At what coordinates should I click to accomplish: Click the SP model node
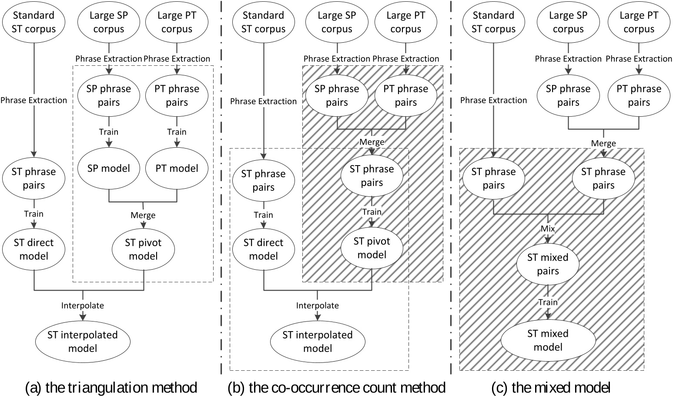(x=108, y=169)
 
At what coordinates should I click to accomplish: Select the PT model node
(x=177, y=169)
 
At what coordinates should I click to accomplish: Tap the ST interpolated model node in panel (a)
(x=83, y=342)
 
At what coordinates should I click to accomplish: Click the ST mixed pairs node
(x=548, y=264)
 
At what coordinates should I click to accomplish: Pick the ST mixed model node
(x=548, y=340)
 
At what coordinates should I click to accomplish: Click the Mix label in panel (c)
(x=548, y=228)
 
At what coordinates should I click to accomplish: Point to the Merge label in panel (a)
(x=143, y=215)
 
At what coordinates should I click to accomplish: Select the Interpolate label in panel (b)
(x=317, y=305)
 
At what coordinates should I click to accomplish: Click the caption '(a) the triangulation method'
(x=111, y=387)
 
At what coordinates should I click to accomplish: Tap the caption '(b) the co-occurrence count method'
(x=336, y=387)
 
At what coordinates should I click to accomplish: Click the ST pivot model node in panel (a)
(x=143, y=249)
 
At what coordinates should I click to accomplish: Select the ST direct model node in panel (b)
(x=264, y=249)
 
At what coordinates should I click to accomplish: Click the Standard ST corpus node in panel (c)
(x=493, y=22)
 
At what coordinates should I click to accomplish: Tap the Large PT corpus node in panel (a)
(x=177, y=22)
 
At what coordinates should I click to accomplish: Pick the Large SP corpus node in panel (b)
(x=337, y=22)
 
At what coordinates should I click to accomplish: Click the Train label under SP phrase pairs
(x=108, y=132)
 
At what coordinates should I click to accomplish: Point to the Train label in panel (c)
(x=548, y=302)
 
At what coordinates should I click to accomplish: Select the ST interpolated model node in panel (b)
(x=317, y=342)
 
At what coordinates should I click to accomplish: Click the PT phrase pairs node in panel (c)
(x=639, y=95)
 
